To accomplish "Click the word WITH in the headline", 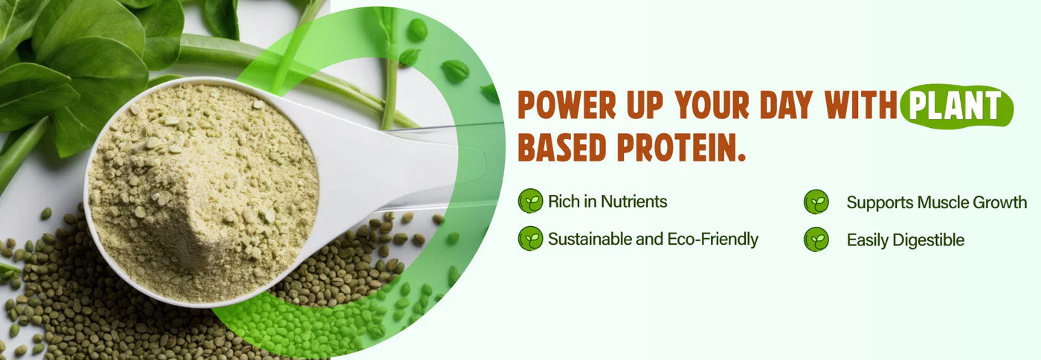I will click(861, 106).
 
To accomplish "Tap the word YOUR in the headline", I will click(714, 106).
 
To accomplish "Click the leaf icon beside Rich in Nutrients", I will click(530, 201).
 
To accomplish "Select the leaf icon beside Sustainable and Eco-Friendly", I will click(530, 239).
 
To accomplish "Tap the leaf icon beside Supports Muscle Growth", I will click(816, 202).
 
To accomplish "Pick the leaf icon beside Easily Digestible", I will click(816, 240).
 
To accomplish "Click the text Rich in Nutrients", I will click(607, 201).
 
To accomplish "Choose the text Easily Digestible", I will click(905, 240).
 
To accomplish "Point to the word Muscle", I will click(940, 202).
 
